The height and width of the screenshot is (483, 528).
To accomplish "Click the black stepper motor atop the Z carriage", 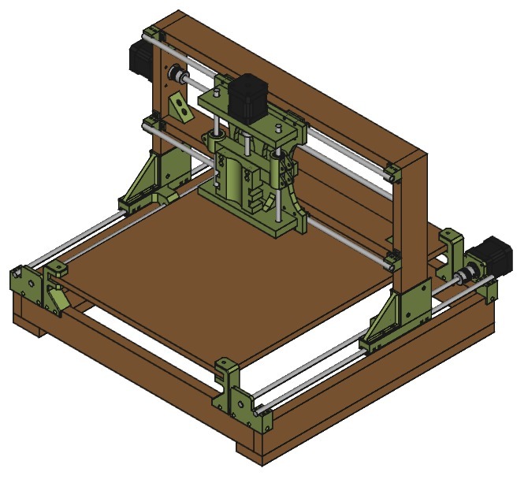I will (250, 96).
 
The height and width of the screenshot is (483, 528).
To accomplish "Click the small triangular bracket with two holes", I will (180, 107).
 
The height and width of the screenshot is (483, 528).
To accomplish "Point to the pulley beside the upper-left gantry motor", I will (179, 76).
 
